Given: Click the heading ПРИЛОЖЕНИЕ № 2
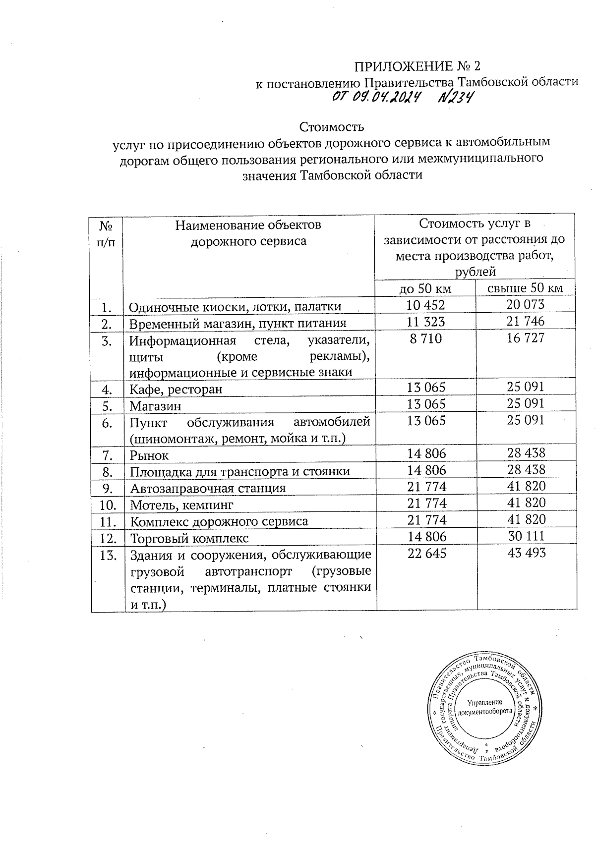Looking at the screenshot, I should pos(416,66).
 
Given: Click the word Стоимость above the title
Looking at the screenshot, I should pos(332,127).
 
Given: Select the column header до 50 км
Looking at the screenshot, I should pos(426,288).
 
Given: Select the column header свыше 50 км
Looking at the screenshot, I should pos(526,288).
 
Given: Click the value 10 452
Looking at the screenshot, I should pos(426,305).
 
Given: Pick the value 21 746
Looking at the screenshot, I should pos(526,322).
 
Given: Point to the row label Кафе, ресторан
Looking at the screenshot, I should pos(176,389).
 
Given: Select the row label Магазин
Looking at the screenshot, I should pos(156,406).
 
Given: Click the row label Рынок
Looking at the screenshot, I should pos(149,454).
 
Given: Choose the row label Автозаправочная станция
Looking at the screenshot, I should pos(208,488).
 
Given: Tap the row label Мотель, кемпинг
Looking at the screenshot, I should pos(181,505).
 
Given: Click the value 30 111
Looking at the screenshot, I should pos(526,536).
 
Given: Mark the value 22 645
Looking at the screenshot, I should pos(426,553).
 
